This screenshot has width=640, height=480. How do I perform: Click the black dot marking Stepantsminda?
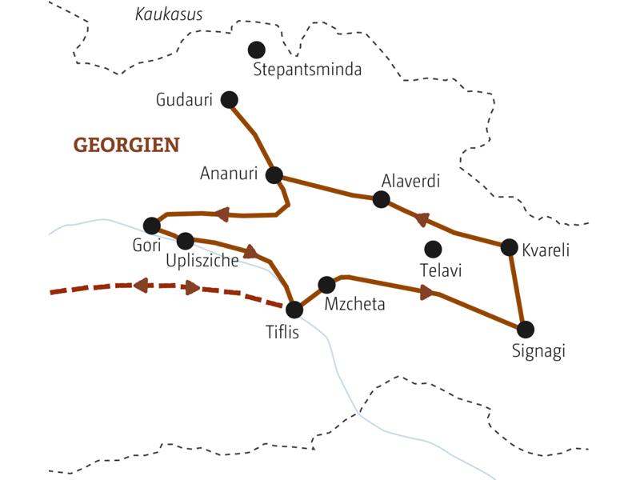(x=257, y=50)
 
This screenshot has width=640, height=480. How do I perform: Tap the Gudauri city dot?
(x=230, y=99)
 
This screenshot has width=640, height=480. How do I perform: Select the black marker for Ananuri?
(x=274, y=175)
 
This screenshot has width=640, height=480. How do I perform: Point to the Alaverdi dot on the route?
(x=382, y=200)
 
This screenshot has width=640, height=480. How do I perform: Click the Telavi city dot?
(x=433, y=248)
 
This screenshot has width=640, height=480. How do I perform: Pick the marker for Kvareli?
(x=509, y=247)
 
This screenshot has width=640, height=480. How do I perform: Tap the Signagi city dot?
(x=525, y=329)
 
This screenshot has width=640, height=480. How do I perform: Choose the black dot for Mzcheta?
(x=326, y=285)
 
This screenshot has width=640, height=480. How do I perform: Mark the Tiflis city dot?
(x=295, y=309)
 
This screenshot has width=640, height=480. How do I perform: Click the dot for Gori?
(x=151, y=226)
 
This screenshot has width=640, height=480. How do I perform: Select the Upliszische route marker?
(x=185, y=240)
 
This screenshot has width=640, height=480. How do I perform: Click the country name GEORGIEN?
(x=126, y=145)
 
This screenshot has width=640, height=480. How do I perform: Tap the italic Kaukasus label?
(x=169, y=14)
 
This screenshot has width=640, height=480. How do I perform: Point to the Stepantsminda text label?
(x=307, y=70)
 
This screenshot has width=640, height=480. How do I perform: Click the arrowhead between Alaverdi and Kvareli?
(x=421, y=218)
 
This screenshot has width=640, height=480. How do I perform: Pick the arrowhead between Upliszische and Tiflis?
(x=250, y=252)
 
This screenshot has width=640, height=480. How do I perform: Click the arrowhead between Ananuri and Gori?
(x=222, y=214)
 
